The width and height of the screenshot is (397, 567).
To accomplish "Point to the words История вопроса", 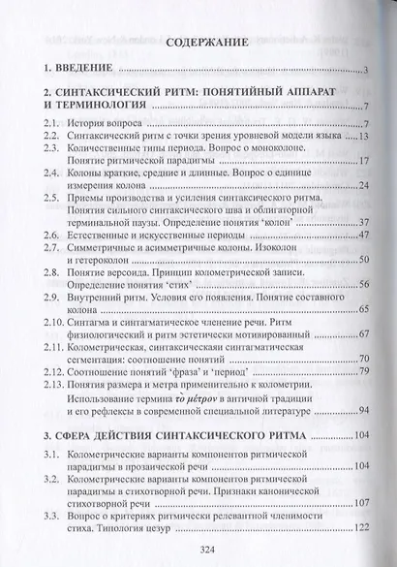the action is (x=112, y=125).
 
